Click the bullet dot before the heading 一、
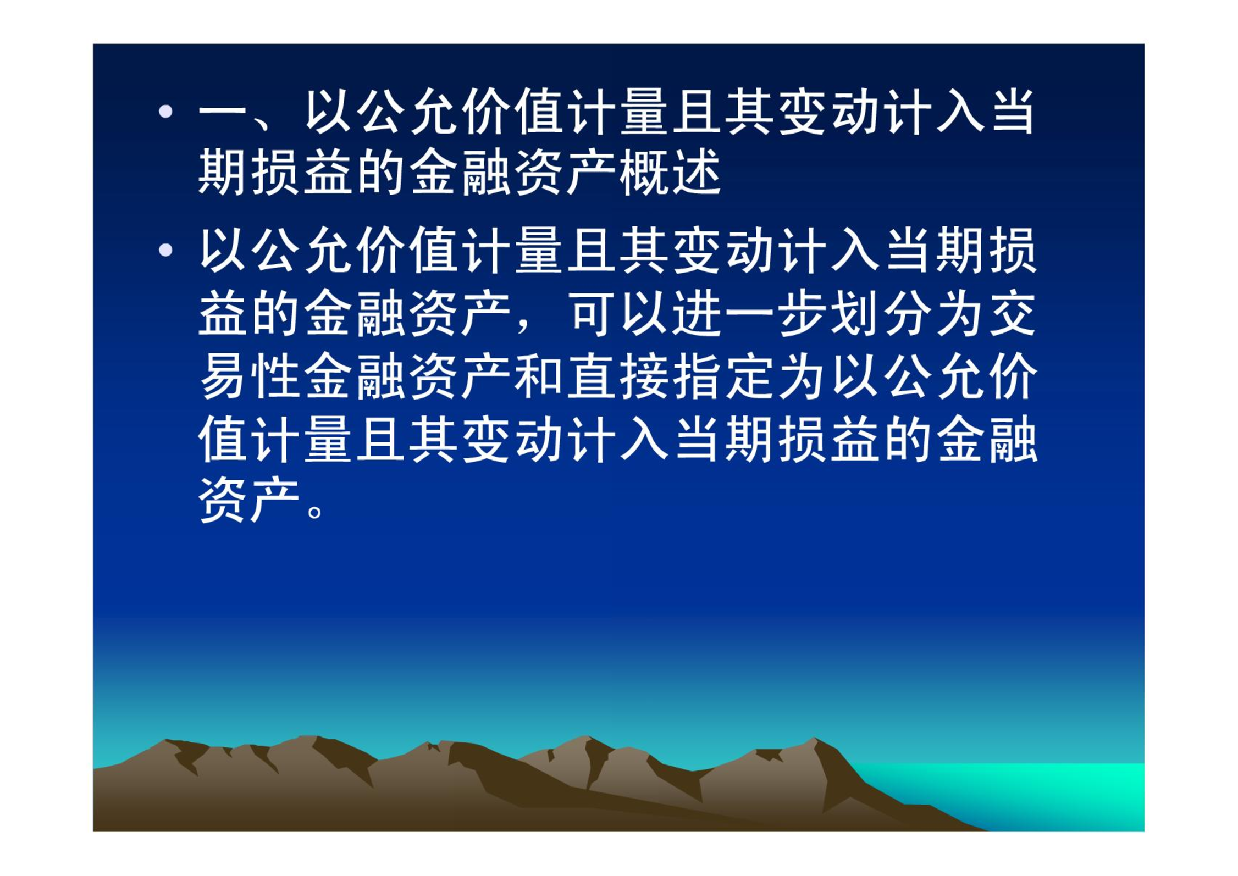pos(165,112)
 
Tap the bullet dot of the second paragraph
pos(165,251)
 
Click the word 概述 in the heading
pos(670,173)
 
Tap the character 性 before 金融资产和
pos(274,376)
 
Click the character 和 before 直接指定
pos(538,376)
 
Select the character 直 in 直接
pos(591,376)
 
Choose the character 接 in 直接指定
pos(644,376)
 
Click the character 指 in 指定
pos(697,376)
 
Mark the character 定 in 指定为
pos(749,376)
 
